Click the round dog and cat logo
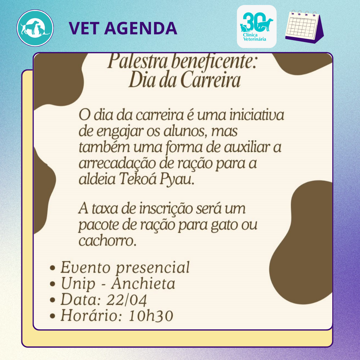(35, 28)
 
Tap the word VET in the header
(83, 28)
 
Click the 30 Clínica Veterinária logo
(256, 26)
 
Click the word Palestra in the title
(137, 61)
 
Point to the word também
(104, 147)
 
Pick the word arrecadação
(117, 163)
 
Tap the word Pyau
(177, 179)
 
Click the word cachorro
(107, 241)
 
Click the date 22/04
(127, 300)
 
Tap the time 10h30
(151, 316)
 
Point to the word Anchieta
(143, 283)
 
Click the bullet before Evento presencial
(53, 268)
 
